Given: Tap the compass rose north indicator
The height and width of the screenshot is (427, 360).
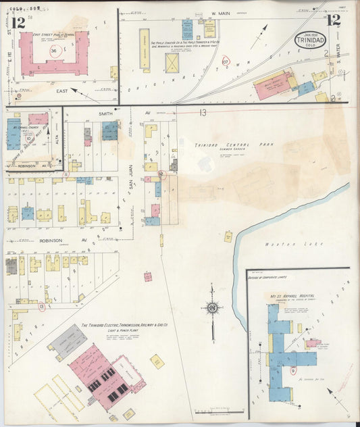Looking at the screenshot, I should click(x=212, y=310).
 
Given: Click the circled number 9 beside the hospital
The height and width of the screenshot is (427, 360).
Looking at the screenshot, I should click(x=293, y=370).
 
